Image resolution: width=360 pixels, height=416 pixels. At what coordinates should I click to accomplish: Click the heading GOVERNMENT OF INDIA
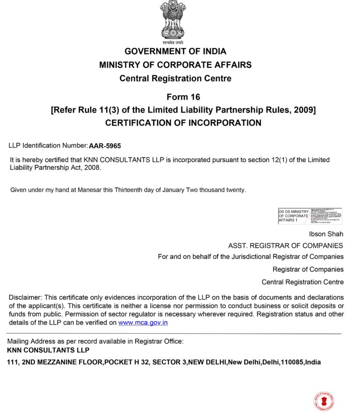pyautogui.click(x=175, y=52)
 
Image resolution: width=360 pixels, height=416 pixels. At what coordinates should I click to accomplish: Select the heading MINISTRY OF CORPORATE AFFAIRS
pyautogui.click(x=175, y=65)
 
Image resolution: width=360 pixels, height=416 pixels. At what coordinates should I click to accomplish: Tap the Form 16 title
pyautogui.click(x=183, y=97)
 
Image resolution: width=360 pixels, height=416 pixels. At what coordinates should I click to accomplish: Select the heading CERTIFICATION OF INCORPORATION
pyautogui.click(x=183, y=123)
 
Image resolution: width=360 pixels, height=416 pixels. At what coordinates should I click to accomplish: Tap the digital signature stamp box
pyautogui.click(x=310, y=216)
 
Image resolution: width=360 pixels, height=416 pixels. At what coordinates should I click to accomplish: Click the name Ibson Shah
pyautogui.click(x=326, y=234)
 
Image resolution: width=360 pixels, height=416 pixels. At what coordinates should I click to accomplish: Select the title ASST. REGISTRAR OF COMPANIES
pyautogui.click(x=285, y=246)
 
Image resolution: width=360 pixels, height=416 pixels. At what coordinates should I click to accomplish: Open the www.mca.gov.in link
pyautogui.click(x=143, y=323)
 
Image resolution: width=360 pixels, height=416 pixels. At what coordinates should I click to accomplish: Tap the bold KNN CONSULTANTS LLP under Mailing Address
pyautogui.click(x=48, y=350)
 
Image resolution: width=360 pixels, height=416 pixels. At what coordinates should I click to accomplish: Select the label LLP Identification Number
pyautogui.click(x=48, y=145)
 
